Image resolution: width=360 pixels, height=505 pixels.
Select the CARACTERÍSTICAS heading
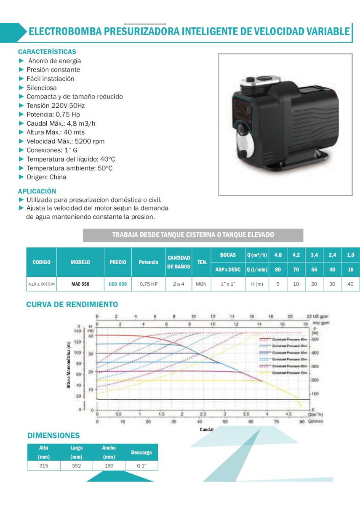click(x=47, y=52)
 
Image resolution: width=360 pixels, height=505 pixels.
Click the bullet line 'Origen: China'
click(x=46, y=177)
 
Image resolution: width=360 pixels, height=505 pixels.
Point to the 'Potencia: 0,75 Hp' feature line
click(x=53, y=114)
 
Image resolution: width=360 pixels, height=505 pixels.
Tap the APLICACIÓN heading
click(x=37, y=191)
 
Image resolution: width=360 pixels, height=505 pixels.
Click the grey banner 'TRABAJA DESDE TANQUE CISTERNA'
click(x=193, y=235)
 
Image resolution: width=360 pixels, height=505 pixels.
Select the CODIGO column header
click(x=41, y=262)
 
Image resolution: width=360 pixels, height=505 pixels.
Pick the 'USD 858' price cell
click(x=118, y=284)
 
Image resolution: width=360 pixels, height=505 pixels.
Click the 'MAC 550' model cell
click(x=80, y=284)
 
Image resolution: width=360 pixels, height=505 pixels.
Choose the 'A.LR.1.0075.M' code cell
click(x=41, y=284)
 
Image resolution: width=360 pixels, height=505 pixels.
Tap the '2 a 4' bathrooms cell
click(x=179, y=284)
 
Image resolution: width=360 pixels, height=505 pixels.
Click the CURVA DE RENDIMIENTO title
click(x=72, y=304)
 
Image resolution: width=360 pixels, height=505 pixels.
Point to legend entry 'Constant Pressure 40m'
click(x=290, y=339)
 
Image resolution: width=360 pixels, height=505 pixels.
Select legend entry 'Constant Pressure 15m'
click(x=290, y=373)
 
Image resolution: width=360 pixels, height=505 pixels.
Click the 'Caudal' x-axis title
click(x=206, y=430)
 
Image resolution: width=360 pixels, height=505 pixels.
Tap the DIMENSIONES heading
click(x=53, y=436)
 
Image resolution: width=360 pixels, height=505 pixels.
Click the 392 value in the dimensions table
click(x=76, y=466)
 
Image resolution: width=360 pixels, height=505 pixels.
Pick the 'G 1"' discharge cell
click(x=141, y=466)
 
